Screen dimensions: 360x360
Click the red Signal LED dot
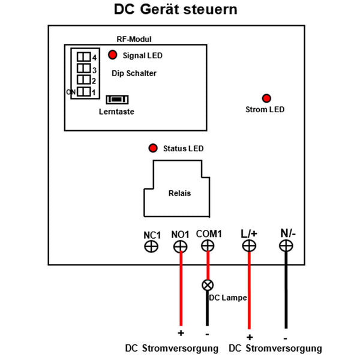113,55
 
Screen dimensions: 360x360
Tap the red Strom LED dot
266,98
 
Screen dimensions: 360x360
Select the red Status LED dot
153,148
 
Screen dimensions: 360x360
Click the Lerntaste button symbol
117,100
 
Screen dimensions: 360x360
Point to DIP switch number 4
83,57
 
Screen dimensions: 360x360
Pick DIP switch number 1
83,92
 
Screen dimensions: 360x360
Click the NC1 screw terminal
151,247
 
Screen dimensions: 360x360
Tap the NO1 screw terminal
180,247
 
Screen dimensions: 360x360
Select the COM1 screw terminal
208,245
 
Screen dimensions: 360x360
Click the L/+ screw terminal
249,245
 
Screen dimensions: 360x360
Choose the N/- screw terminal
286,245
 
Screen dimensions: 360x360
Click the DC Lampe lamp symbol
208,285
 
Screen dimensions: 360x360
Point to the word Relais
179,193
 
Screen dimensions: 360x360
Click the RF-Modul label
134,39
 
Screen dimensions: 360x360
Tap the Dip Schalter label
134,73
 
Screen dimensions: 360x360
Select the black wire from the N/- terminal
286,290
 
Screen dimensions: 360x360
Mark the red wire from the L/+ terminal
249,290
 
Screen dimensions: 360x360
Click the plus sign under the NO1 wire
181,333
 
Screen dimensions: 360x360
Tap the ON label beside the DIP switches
71,92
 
